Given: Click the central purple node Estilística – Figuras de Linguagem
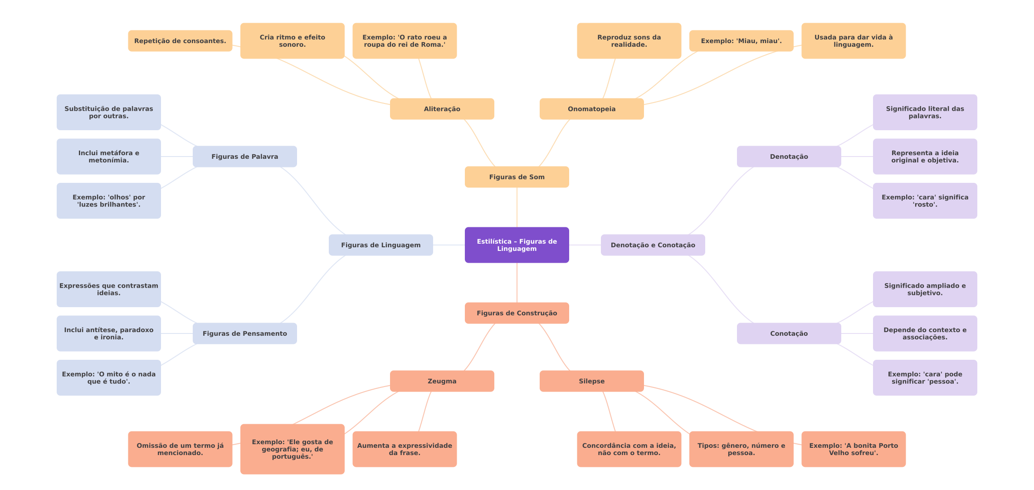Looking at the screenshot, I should coord(517,245).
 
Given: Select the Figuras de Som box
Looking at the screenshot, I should coord(517,177).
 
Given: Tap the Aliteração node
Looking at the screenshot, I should coord(442,109).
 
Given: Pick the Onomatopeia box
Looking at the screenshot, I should coord(591,109).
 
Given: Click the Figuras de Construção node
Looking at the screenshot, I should coord(517,313).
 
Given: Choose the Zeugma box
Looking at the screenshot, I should coord(442,381).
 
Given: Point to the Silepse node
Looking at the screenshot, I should coord(591,381).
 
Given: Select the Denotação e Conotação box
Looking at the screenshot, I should coord(653,245).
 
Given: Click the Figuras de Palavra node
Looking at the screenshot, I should coord(244,157).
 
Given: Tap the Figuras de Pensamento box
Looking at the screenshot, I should coord(244,333).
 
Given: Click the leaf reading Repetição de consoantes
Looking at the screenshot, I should coord(180,41).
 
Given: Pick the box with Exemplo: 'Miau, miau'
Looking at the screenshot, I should coord(741,41).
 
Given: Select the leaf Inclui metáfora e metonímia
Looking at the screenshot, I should coord(108,157).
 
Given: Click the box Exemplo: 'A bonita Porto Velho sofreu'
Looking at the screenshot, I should coord(853,449).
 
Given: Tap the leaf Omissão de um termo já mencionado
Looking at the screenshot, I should coord(180,449).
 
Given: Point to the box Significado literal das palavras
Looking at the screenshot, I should coord(925,112).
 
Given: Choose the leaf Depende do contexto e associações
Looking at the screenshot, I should coord(925,333).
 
